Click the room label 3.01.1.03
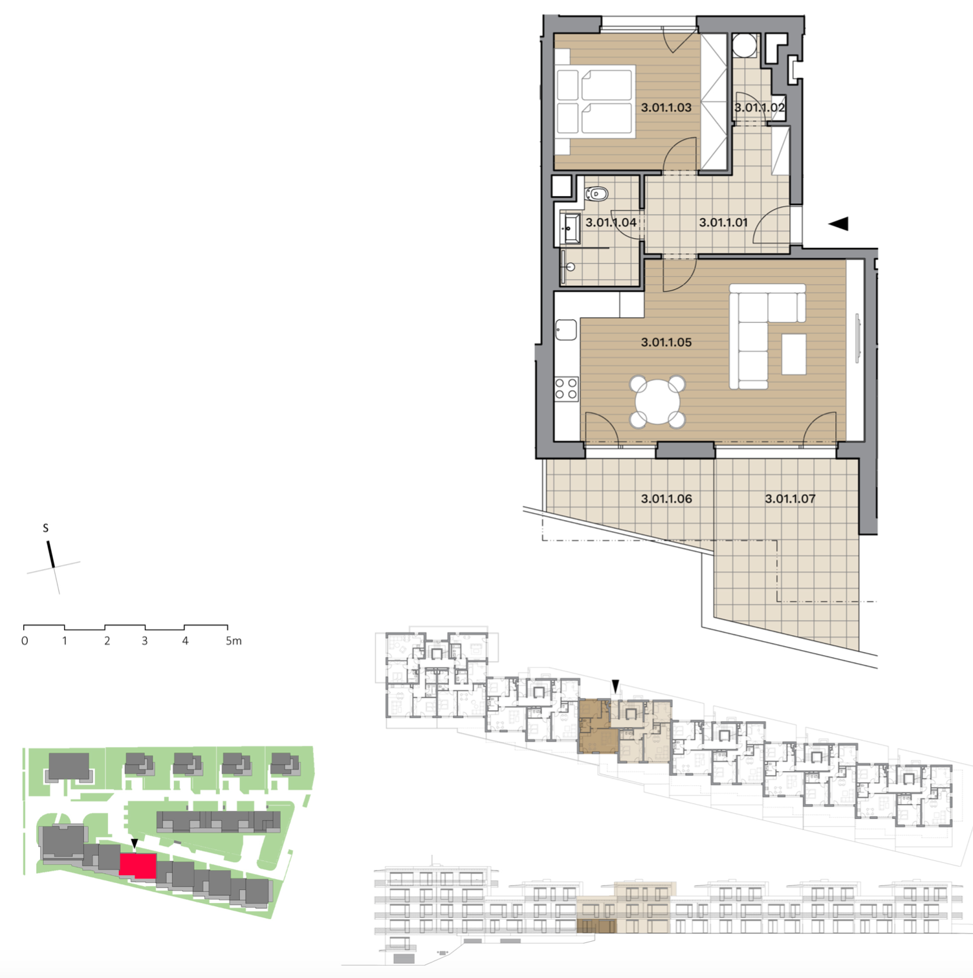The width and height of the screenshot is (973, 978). click(666, 107)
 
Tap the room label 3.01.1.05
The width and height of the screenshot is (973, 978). click(666, 342)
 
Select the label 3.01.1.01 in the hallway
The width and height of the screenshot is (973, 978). click(723, 223)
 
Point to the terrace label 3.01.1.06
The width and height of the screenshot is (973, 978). click(666, 499)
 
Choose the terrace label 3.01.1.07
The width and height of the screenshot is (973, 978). click(790, 499)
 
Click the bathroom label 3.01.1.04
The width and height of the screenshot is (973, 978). click(611, 223)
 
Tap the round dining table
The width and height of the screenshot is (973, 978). click(657, 402)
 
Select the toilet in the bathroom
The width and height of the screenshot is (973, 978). click(596, 193)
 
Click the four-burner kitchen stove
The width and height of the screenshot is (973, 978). click(567, 389)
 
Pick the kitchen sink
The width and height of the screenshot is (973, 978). click(566, 330)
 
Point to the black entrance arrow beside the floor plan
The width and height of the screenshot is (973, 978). click(838, 224)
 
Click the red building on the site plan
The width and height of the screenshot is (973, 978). click(138, 865)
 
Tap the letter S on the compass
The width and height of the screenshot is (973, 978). click(45, 528)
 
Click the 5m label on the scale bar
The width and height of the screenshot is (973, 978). click(234, 641)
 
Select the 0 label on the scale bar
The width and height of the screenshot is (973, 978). click(25, 641)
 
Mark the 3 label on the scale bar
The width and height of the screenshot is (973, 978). click(145, 641)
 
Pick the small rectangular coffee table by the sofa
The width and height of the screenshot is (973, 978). click(794, 354)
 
